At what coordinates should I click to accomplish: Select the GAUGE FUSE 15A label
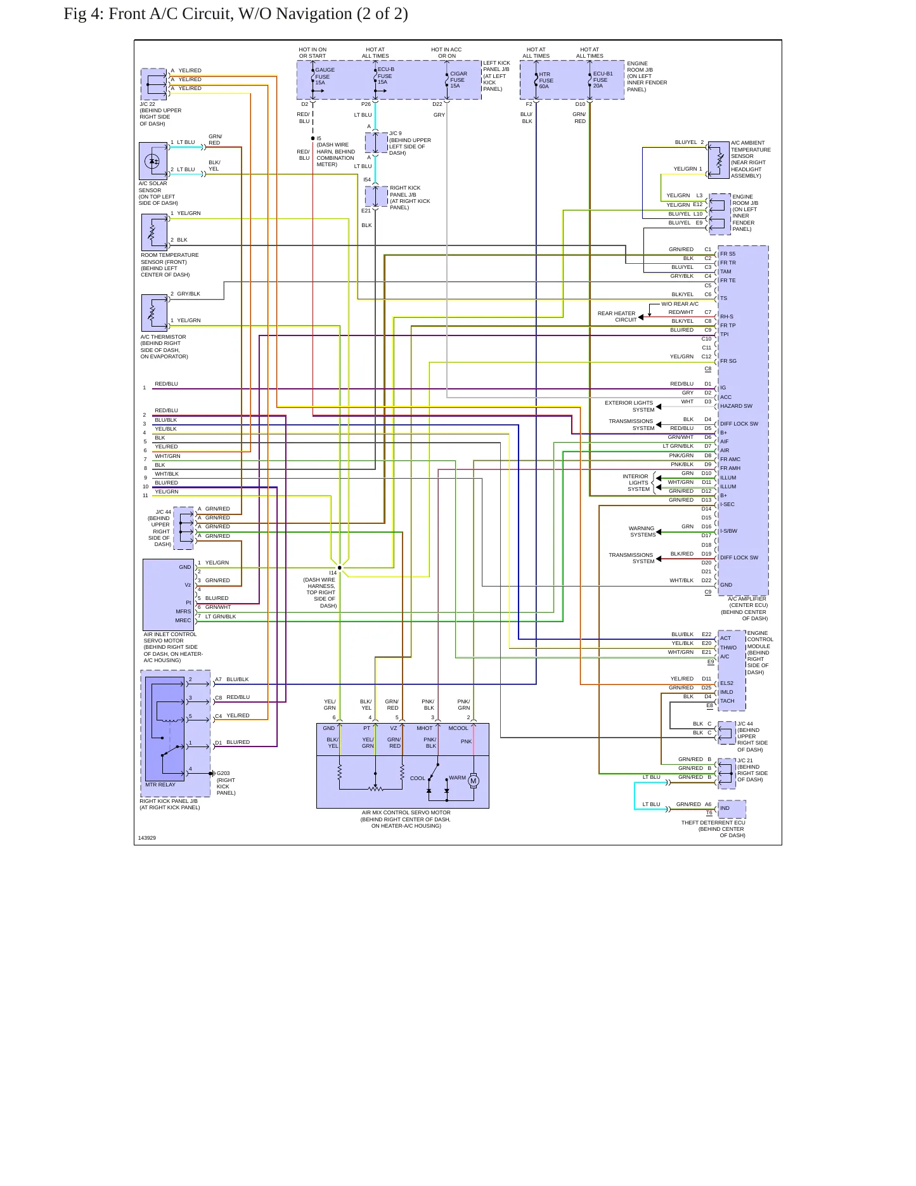325,76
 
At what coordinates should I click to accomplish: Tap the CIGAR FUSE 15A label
458,80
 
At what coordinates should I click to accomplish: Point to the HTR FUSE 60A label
546,81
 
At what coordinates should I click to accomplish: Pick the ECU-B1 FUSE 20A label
603,79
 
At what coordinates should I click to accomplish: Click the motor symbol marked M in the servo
474,781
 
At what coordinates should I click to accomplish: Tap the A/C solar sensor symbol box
153,161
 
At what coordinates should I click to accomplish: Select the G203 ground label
223,773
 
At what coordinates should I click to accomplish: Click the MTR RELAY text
160,785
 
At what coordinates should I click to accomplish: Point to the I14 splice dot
340,568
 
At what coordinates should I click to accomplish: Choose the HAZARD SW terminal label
736,406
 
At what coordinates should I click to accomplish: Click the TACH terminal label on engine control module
727,701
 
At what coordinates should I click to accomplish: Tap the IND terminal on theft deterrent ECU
725,808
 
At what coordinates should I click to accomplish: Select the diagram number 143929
147,838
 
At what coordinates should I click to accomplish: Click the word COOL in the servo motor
418,778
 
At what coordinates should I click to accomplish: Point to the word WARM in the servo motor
457,778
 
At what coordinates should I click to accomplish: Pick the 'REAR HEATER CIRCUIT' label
617,316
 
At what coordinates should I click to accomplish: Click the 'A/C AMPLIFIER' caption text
747,599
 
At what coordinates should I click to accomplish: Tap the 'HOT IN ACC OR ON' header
446,53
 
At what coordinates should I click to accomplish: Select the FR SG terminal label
728,361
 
